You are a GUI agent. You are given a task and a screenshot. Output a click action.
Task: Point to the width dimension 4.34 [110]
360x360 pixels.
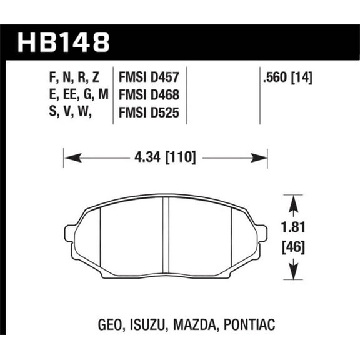(166, 158)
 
